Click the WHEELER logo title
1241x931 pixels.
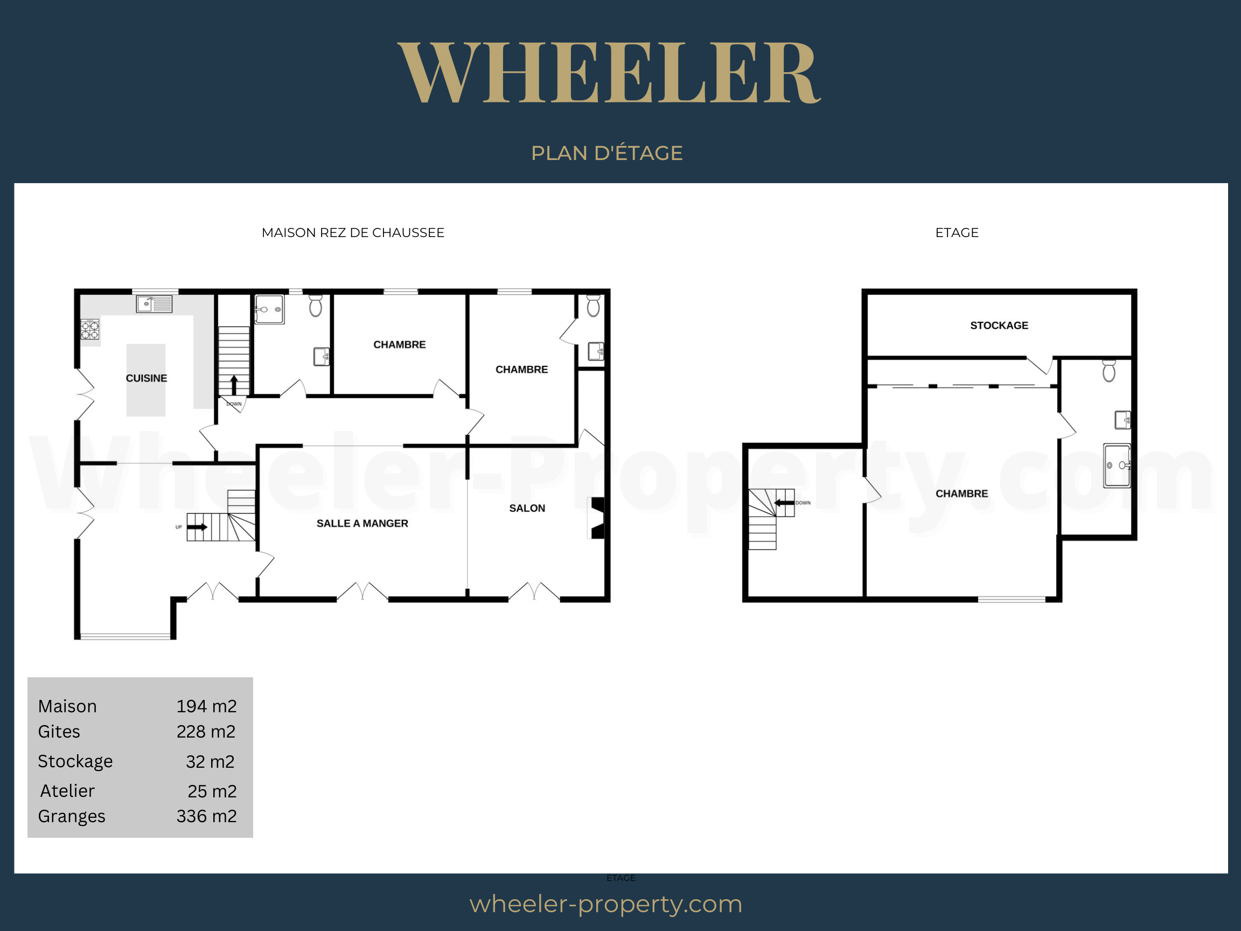click(x=609, y=72)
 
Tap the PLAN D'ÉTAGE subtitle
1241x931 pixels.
click(x=606, y=153)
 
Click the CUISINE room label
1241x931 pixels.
click(x=147, y=378)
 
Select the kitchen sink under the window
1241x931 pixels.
click(x=154, y=304)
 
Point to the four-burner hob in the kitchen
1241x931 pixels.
click(x=90, y=329)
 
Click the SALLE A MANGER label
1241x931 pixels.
click(x=362, y=524)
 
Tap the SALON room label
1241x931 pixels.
click(x=527, y=509)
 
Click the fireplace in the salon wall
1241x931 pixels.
click(x=597, y=518)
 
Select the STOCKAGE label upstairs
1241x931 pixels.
click(x=999, y=325)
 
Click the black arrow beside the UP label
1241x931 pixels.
click(x=197, y=527)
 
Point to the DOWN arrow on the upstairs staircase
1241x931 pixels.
click(x=784, y=502)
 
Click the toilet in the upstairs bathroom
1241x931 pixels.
click(x=1109, y=371)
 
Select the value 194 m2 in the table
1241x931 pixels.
click(x=206, y=706)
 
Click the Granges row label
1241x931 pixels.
click(x=72, y=817)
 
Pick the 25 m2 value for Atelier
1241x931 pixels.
click(x=212, y=791)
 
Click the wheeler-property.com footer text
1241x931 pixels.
click(x=606, y=904)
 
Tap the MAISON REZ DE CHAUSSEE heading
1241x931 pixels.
click(x=353, y=233)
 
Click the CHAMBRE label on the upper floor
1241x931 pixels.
click(x=961, y=494)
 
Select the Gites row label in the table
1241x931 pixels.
click(x=59, y=732)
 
